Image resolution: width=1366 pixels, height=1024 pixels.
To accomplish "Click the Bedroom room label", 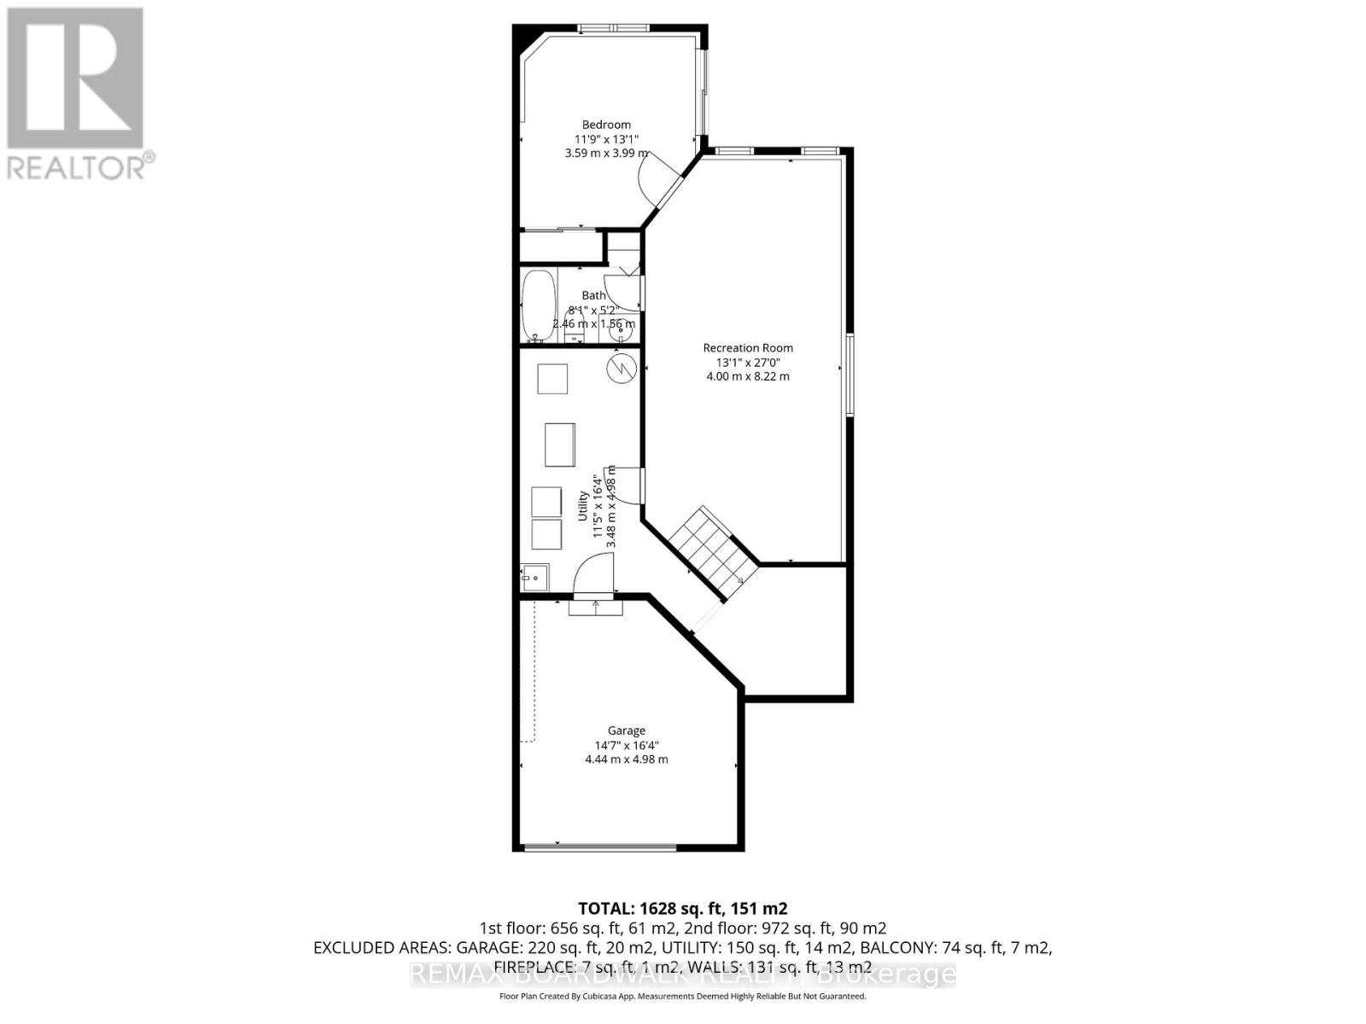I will pos(606,125).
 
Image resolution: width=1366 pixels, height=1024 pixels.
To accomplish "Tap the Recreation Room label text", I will pos(748,347).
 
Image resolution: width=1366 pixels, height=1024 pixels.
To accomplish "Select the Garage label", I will pos(626,730).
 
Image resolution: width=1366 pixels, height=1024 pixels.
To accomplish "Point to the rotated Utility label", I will pos(583,505).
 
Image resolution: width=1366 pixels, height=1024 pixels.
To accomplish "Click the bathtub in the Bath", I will pos(538,305).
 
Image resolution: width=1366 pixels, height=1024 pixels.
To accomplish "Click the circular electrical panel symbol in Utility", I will pos(622,368).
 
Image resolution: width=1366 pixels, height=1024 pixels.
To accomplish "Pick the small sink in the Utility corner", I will pos(535,577).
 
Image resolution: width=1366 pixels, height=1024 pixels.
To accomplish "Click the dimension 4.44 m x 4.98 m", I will pos(626,759).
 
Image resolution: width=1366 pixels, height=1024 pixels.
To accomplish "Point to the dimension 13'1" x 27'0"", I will pos(748,362).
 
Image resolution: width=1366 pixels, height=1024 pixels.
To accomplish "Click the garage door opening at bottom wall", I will pos(600,847).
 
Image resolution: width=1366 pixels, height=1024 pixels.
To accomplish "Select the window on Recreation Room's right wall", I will pos(850,375).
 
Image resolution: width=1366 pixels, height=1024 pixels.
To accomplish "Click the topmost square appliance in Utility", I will pos(552,378).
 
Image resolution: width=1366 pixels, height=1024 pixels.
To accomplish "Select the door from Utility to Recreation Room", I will pos(628,485).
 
